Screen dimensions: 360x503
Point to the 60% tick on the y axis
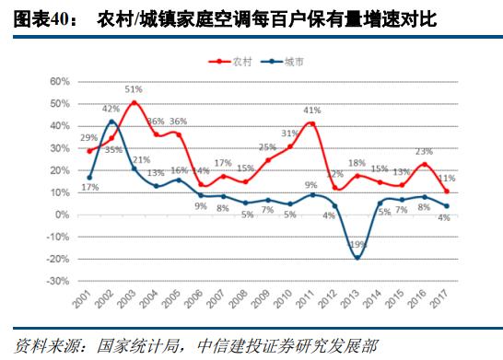59,82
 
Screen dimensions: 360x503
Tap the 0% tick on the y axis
63,215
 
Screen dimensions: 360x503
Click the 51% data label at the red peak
134,90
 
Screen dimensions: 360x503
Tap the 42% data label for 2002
111,110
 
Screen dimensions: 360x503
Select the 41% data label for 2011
312,110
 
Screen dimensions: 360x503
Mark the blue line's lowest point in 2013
357,258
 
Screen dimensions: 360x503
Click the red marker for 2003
134,102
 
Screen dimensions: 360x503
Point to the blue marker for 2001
89,178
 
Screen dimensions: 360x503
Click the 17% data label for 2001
88,189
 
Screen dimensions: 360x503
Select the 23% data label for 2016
424,152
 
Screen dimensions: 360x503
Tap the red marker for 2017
446,191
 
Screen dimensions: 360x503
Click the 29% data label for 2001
89,138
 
